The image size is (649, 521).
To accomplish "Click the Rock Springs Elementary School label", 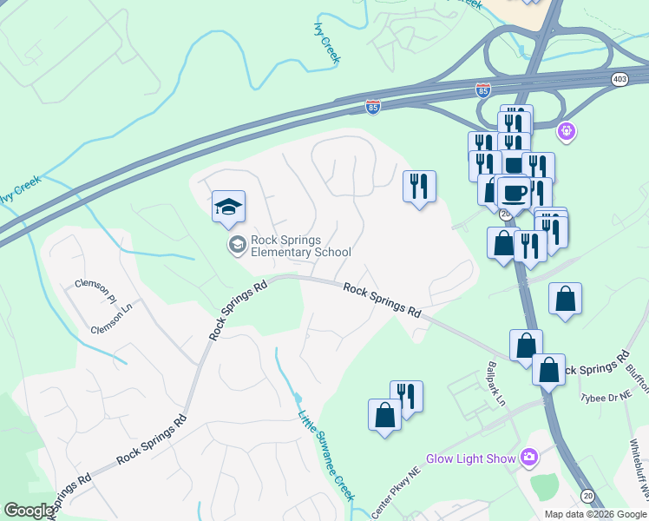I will (x=301, y=246).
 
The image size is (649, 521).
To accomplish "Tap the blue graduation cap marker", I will (x=228, y=207).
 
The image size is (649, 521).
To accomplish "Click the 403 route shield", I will (x=619, y=79).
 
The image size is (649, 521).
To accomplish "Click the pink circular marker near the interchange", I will (x=567, y=131).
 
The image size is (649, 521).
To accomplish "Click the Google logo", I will (x=29, y=511).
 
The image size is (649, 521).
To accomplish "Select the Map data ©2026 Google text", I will (x=595, y=514).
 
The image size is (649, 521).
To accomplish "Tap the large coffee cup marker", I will (x=514, y=193).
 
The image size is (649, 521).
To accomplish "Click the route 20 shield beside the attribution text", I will (x=587, y=496).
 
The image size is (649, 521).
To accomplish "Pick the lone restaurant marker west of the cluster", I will (x=419, y=186).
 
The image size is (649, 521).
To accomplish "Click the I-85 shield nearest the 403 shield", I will (x=483, y=89).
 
